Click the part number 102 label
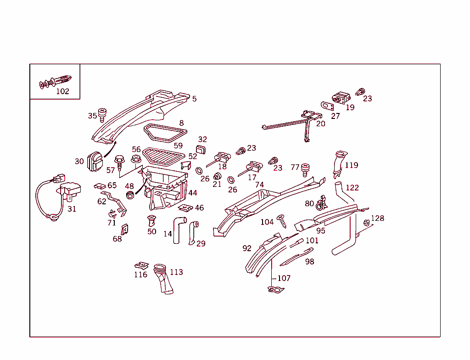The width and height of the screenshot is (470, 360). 62,91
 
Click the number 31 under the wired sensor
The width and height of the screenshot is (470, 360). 72,209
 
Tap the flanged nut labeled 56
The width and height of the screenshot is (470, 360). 135,159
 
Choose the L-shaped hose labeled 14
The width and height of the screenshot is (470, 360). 178,229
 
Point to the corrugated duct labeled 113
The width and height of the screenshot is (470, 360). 163,279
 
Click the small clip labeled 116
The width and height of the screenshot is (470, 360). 142,265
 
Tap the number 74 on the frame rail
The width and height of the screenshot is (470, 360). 259,185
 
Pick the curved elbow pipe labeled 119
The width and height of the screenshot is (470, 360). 339,163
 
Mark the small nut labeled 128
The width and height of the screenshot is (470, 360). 367,223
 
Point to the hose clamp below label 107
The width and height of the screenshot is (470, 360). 274,290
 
